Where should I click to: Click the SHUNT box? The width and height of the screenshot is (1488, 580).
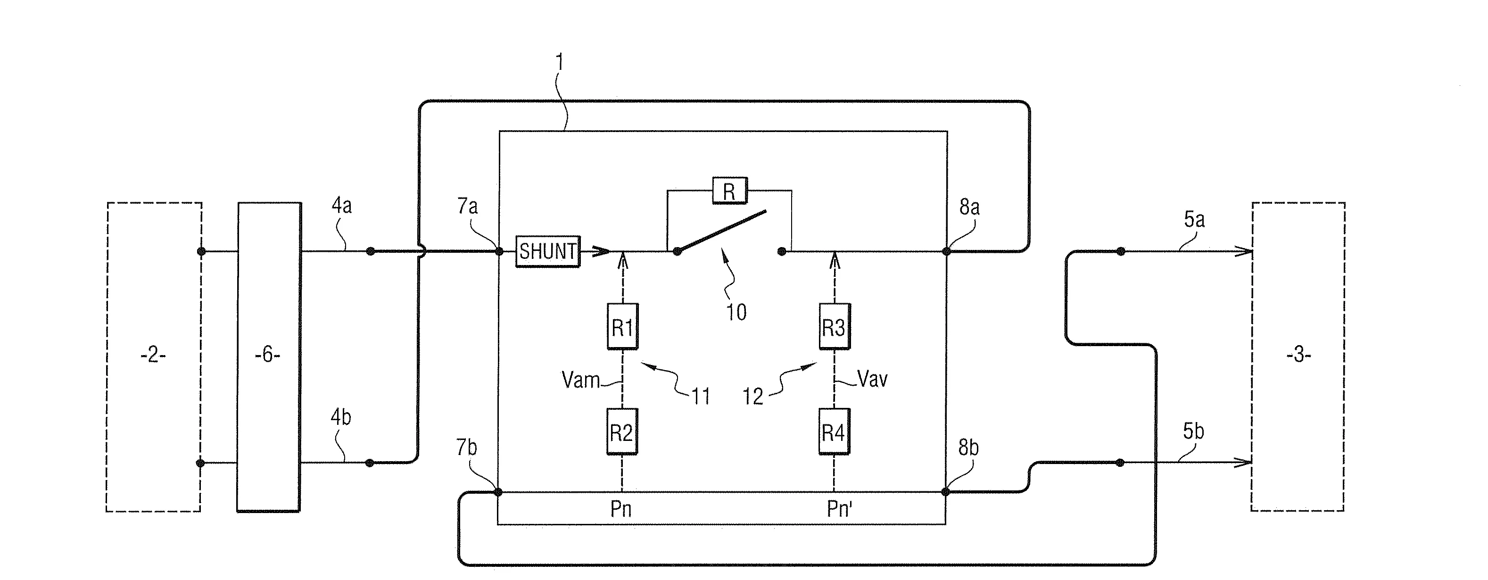pyautogui.click(x=547, y=251)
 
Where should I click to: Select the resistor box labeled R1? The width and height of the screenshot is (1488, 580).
pyautogui.click(x=622, y=326)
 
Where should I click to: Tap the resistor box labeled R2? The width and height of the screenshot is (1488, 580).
pyautogui.click(x=622, y=431)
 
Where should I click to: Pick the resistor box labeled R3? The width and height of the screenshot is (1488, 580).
pyautogui.click(x=834, y=326)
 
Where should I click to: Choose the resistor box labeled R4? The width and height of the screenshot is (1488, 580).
pyautogui.click(x=834, y=431)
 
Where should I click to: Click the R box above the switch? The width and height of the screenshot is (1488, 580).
pyautogui.click(x=729, y=191)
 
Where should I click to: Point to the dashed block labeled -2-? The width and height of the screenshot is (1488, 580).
pyautogui.click(x=153, y=356)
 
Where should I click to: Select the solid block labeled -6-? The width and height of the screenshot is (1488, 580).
pyautogui.click(x=269, y=356)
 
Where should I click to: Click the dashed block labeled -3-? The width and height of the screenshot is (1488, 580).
pyautogui.click(x=1298, y=356)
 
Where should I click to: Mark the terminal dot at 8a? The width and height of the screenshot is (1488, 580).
pyautogui.click(x=946, y=251)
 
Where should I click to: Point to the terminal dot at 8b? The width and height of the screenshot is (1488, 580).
pyautogui.click(x=946, y=492)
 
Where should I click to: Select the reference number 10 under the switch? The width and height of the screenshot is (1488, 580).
pyautogui.click(x=736, y=313)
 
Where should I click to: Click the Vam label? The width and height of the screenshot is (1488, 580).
pyautogui.click(x=580, y=380)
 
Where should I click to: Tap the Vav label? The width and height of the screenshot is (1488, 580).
pyautogui.click(x=872, y=380)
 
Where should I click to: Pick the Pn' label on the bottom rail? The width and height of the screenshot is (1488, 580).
pyautogui.click(x=839, y=509)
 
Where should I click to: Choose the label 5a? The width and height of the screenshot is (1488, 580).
pyautogui.click(x=1195, y=220)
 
